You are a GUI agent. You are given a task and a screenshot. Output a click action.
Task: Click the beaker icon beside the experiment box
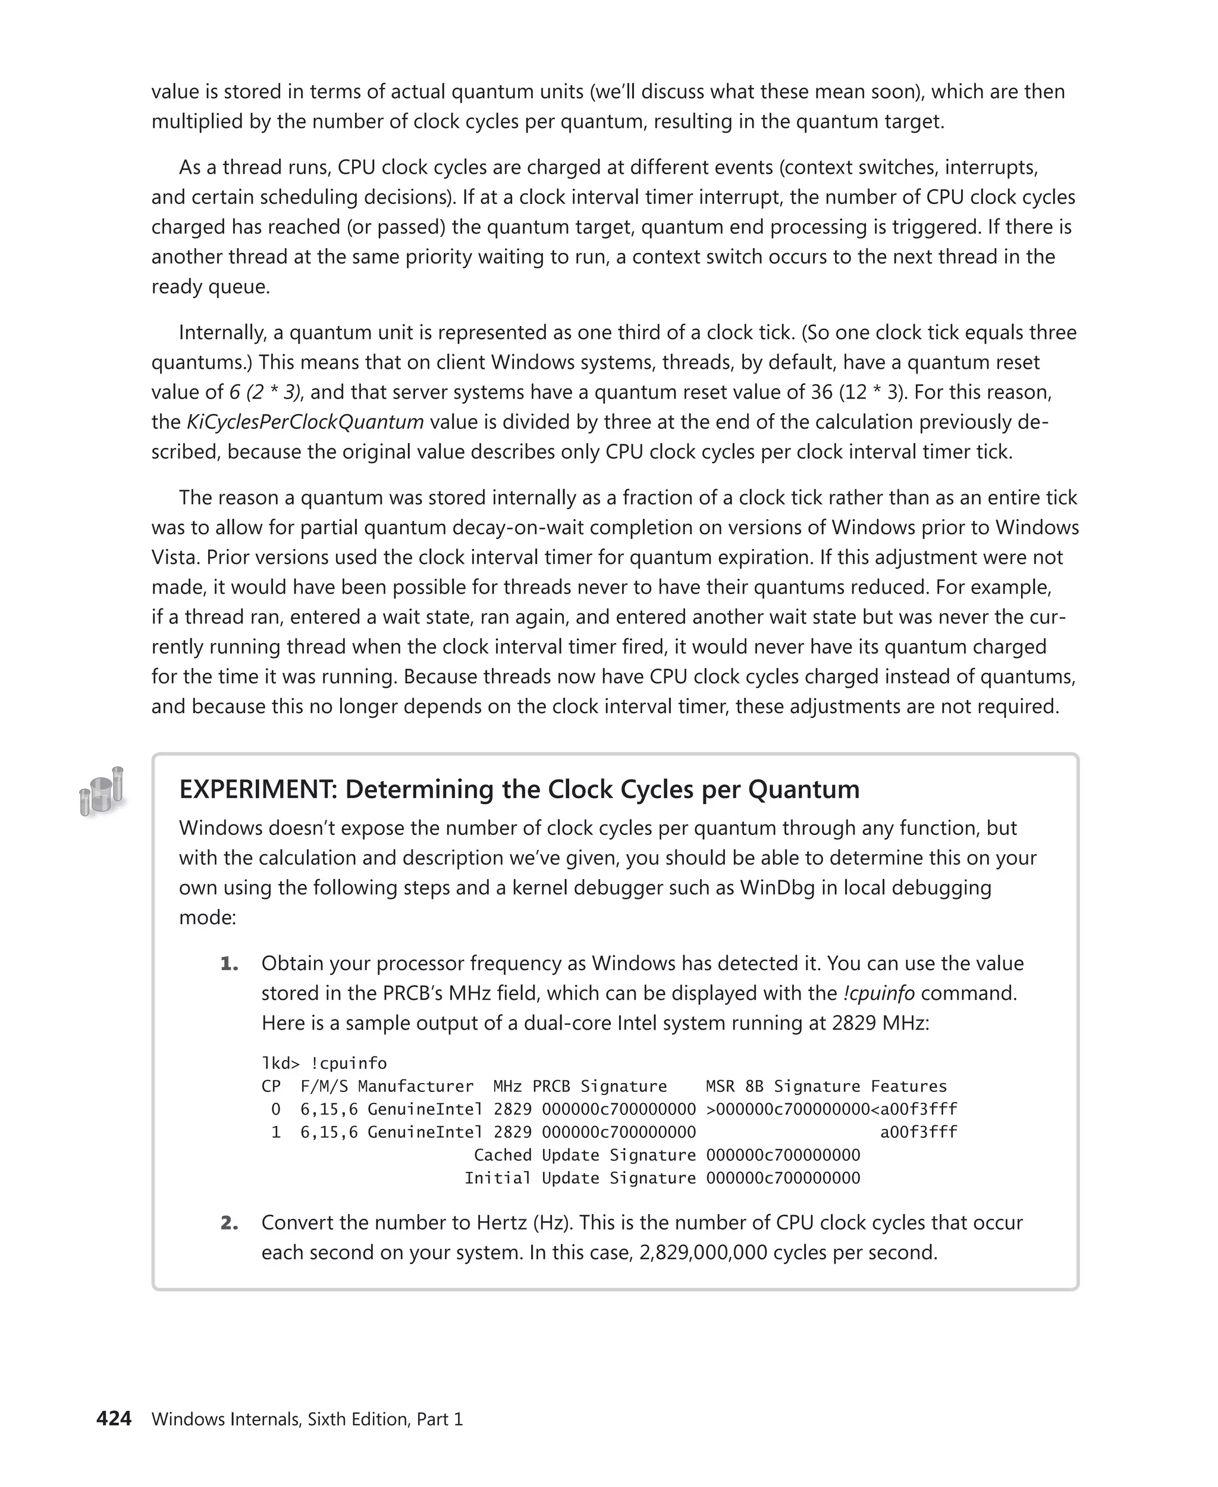(x=102, y=792)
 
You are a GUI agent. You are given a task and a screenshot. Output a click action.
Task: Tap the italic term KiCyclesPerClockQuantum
(x=304, y=422)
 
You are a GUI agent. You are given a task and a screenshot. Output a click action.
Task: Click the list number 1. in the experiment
(x=230, y=964)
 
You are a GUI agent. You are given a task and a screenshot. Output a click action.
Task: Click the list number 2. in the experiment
(x=230, y=1222)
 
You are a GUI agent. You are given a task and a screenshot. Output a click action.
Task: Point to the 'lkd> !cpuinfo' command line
(x=324, y=1063)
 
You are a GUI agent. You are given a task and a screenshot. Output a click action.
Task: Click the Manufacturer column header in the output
(x=415, y=1086)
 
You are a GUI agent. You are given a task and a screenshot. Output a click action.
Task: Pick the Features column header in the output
(x=909, y=1086)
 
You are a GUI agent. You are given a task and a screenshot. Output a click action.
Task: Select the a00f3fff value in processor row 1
(x=918, y=1132)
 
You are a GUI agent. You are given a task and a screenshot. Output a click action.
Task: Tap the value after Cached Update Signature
(x=783, y=1155)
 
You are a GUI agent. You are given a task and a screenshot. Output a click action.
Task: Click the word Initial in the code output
(x=497, y=1178)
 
